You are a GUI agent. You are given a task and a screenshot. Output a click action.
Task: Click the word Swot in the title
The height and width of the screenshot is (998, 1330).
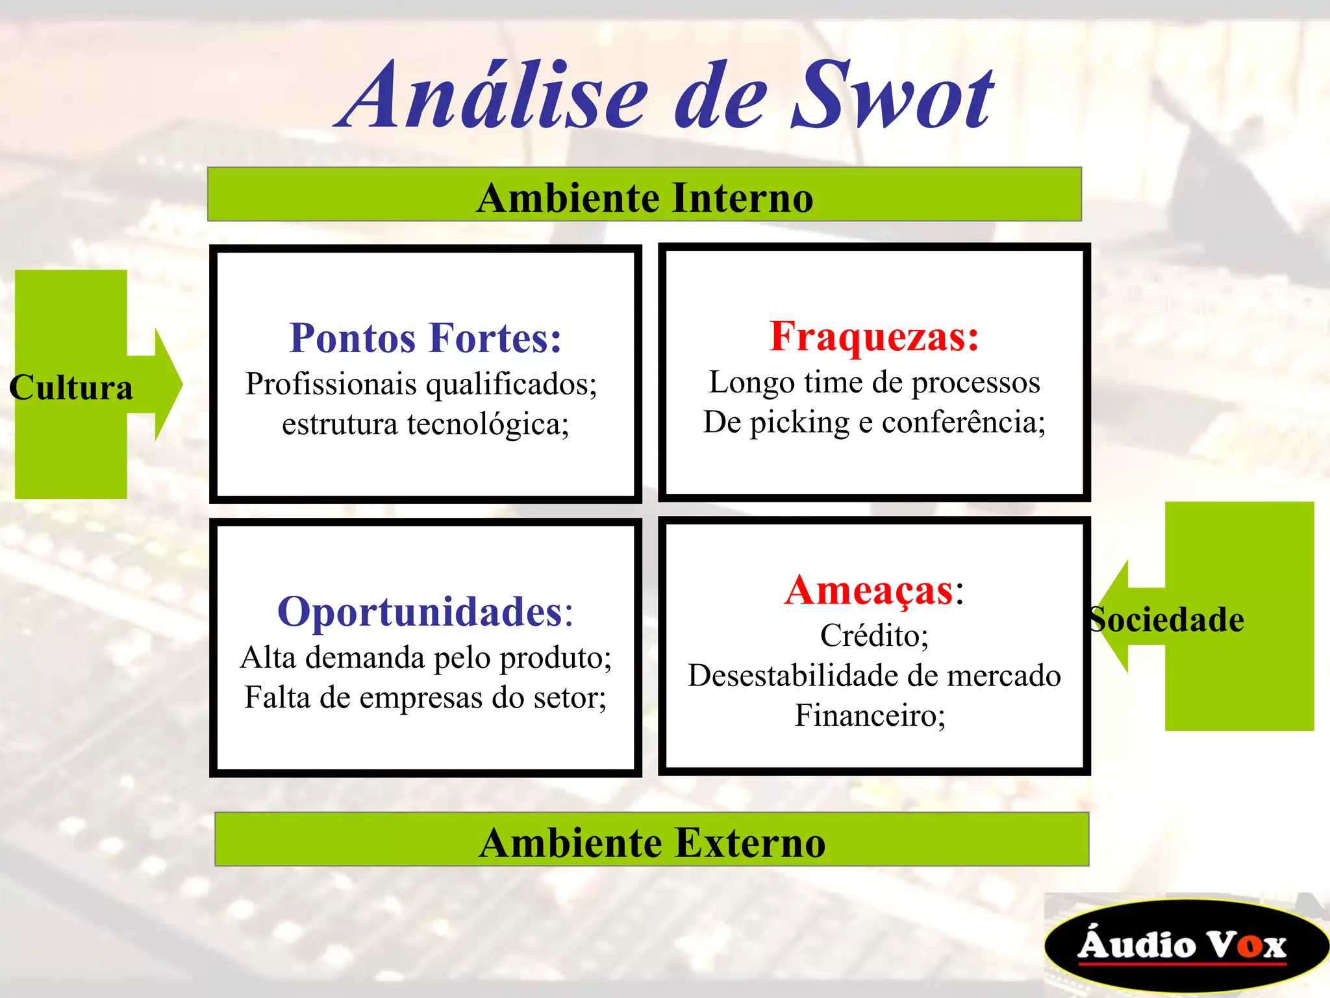[893, 97]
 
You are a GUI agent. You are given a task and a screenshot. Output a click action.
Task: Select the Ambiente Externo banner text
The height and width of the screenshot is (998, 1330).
[652, 842]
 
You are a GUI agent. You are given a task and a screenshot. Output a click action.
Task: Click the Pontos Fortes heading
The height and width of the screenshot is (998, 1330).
[425, 338]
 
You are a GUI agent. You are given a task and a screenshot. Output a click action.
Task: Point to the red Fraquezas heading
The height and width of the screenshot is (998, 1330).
[874, 337]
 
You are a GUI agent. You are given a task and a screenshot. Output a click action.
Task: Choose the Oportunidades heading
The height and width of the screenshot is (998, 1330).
[425, 611]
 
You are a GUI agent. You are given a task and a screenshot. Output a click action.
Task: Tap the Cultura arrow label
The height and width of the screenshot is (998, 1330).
[71, 387]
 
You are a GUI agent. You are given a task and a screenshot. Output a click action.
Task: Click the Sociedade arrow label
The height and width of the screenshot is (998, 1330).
[1167, 619]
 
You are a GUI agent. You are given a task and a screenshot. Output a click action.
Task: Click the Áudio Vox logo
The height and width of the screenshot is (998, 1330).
[1182, 945]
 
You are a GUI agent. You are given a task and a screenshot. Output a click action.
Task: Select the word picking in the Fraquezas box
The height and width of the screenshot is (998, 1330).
[799, 423]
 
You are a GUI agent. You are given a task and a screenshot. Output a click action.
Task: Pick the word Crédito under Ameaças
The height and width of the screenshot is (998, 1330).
[874, 635]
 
